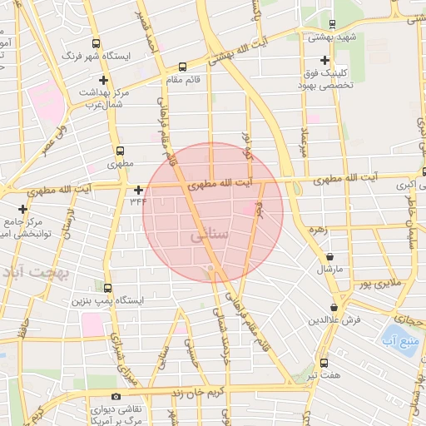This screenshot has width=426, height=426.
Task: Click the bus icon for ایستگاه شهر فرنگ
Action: point(96,43)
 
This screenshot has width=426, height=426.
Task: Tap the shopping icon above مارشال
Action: point(332,257)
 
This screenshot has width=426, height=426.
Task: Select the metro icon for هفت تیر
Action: point(323,364)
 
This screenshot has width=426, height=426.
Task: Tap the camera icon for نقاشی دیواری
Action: point(116,396)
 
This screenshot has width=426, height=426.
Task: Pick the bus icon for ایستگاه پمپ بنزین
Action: point(107,287)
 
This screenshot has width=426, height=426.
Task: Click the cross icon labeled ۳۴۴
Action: point(138,189)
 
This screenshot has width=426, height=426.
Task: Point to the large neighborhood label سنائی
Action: point(209,236)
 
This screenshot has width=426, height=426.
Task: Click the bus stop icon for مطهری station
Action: point(121,152)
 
